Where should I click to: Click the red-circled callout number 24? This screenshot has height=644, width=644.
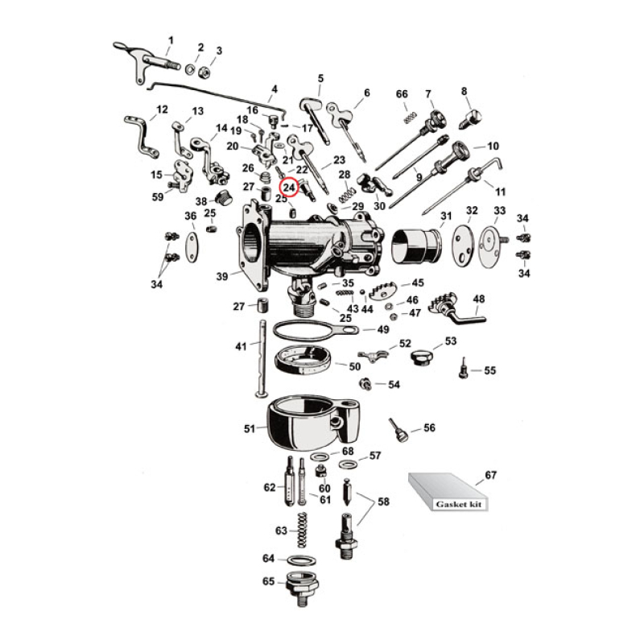289,188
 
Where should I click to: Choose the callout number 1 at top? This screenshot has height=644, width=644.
170,39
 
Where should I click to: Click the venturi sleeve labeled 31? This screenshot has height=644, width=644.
416,244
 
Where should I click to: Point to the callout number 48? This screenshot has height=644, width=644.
479,299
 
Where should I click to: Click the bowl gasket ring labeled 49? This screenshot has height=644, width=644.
306,329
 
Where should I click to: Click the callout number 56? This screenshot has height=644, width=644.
429,427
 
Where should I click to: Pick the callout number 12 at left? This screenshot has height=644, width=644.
162,109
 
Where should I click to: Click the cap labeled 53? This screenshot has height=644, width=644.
421,355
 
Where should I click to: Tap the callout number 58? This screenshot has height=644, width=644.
383,502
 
